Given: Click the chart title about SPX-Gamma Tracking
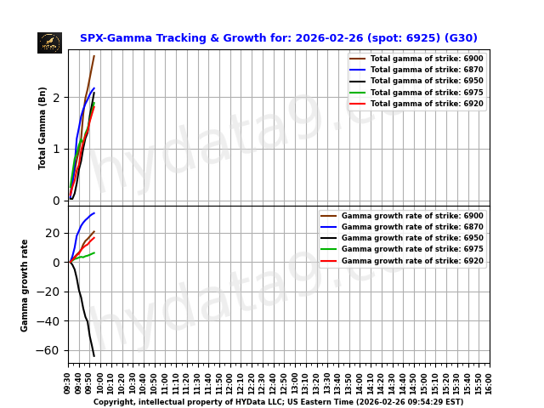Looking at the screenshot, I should point(278,38).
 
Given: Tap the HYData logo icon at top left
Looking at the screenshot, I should point(49,42).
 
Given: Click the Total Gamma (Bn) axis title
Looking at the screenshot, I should point(42,127).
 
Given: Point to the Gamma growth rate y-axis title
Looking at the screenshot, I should point(25,285).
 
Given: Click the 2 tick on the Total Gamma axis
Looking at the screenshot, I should point(57,98).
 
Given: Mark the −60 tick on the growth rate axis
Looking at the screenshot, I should point(51,350).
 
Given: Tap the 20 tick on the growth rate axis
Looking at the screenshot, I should point(54,233).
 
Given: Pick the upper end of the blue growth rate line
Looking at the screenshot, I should point(93,213).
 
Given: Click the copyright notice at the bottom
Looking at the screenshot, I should point(278,402).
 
